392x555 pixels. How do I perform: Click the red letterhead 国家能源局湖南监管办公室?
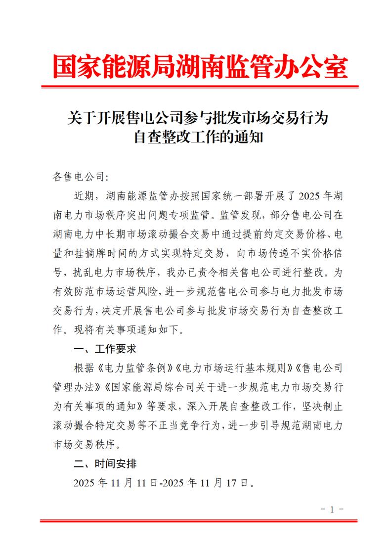(200, 67)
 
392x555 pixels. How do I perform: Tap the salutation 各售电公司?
(79, 177)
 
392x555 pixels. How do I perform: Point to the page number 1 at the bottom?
(332, 509)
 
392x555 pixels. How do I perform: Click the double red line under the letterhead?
(200, 87)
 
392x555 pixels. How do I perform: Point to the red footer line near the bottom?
(198, 520)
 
